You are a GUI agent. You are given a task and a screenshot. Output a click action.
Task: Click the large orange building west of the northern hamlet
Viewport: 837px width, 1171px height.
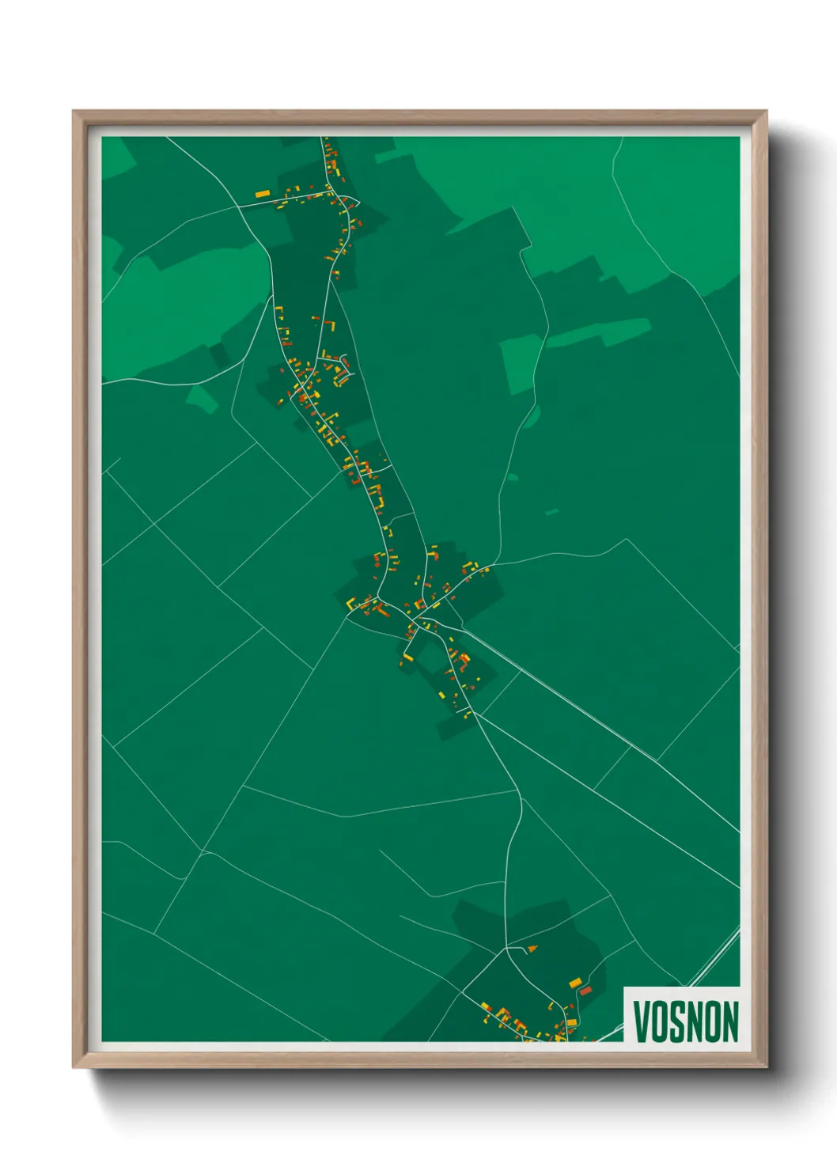(263, 193)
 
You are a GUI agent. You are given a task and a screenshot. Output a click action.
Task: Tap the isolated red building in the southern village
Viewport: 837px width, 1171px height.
(586, 990)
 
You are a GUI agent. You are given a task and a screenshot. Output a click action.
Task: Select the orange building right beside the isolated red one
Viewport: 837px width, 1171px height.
(575, 983)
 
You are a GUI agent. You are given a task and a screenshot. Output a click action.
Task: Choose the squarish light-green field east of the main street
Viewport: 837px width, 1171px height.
(520, 364)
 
